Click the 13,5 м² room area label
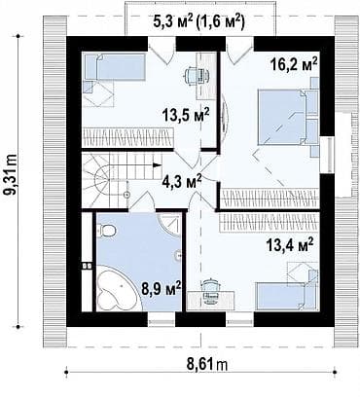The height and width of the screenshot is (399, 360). [x=186, y=115]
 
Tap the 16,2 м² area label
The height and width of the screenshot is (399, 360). [x=294, y=64]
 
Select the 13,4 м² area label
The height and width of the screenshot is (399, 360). [x=290, y=244]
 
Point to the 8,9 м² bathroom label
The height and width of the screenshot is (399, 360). [x=162, y=288]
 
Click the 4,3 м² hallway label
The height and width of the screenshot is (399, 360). [x=182, y=181]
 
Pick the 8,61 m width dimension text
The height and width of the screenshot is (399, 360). [x=207, y=364]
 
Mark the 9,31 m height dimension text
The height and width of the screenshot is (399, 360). [x=12, y=174]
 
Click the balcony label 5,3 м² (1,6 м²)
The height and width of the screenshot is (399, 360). [x=198, y=21]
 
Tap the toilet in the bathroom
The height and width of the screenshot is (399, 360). [x=106, y=231]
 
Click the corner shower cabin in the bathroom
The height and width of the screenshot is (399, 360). [x=170, y=224]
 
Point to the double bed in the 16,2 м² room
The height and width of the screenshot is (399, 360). [x=283, y=118]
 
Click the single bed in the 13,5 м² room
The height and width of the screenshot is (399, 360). [x=115, y=66]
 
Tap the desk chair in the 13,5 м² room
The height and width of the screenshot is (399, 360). [x=194, y=75]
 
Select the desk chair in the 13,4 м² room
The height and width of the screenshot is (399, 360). [x=211, y=287]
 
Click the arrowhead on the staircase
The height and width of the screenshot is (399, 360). [x=157, y=164]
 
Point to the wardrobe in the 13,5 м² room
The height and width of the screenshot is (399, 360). [x=128, y=137]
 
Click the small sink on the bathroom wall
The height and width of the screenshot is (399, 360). [x=178, y=255]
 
